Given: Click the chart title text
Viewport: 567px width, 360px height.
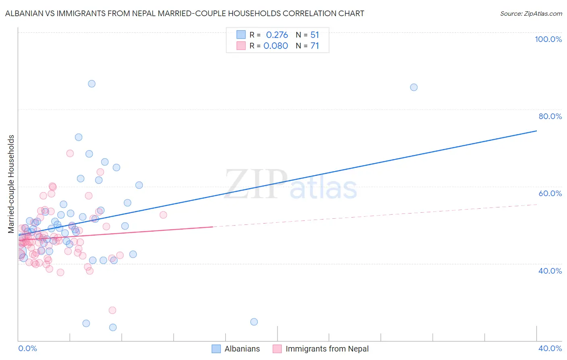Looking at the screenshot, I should pyautogui.click(x=184, y=13).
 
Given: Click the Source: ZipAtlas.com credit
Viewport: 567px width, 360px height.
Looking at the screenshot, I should pyautogui.click(x=531, y=13).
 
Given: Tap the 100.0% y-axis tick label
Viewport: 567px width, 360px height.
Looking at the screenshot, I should pyautogui.click(x=548, y=39).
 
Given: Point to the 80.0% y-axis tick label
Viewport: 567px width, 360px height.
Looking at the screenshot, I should pyautogui.click(x=550, y=116).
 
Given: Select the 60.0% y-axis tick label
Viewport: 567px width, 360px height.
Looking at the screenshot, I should pyautogui.click(x=550, y=193).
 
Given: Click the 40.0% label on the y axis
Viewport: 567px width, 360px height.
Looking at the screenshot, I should pyautogui.click(x=550, y=271).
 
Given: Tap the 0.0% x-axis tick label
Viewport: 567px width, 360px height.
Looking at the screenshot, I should pyautogui.click(x=27, y=348).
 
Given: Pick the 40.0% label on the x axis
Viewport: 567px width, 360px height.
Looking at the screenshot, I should pyautogui.click(x=550, y=348).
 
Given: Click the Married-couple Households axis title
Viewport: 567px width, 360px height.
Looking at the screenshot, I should pyautogui.click(x=11, y=184).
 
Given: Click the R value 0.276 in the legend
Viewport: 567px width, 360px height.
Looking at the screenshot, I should pyautogui.click(x=277, y=35).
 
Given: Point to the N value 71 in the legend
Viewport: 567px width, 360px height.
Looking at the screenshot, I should pyautogui.click(x=315, y=46).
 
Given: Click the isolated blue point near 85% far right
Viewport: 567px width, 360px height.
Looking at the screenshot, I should pyautogui.click(x=414, y=87).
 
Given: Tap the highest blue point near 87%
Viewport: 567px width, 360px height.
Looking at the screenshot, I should pyautogui.click(x=92, y=84).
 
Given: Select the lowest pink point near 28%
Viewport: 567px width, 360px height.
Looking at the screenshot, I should pyautogui.click(x=113, y=310).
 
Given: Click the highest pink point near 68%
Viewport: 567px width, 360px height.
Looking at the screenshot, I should pyautogui.click(x=70, y=153).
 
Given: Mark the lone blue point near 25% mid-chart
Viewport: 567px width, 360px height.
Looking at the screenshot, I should pyautogui.click(x=254, y=322).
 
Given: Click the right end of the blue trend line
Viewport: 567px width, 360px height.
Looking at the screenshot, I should pyautogui.click(x=536, y=131).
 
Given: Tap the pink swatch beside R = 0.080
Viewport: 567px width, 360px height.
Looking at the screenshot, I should pyautogui.click(x=241, y=46).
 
